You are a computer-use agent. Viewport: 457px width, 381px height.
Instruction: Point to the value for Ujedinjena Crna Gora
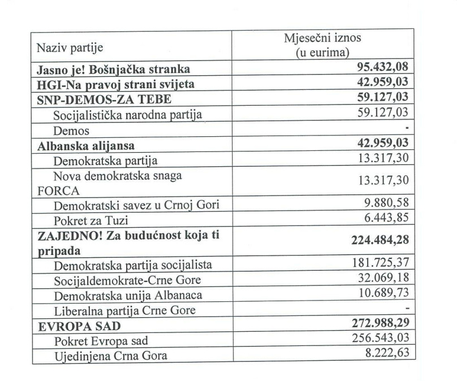click(x=387, y=354)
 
